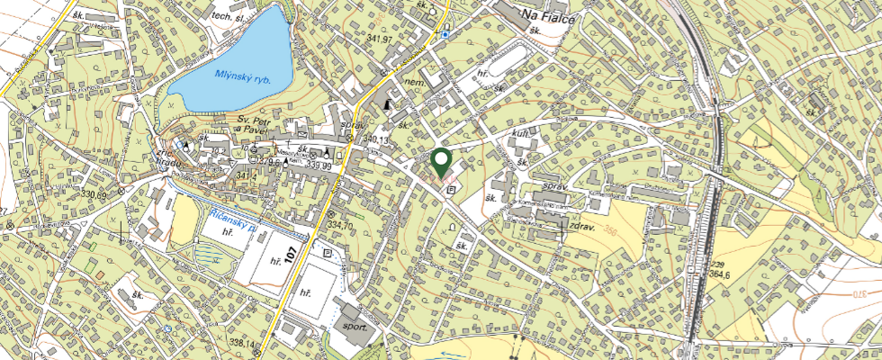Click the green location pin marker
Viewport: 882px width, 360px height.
coord(441,162)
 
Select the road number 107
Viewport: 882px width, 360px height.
coord(290,253)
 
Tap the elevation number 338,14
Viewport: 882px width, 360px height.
coord(244,343)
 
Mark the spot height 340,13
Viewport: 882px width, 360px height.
coord(378,141)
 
